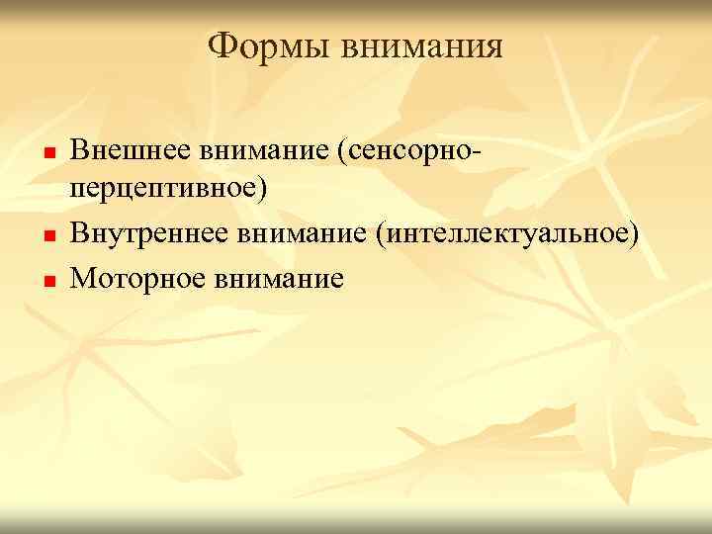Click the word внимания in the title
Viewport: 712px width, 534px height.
421,46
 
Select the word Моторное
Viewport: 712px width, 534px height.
133,278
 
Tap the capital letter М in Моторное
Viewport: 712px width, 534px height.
82,278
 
